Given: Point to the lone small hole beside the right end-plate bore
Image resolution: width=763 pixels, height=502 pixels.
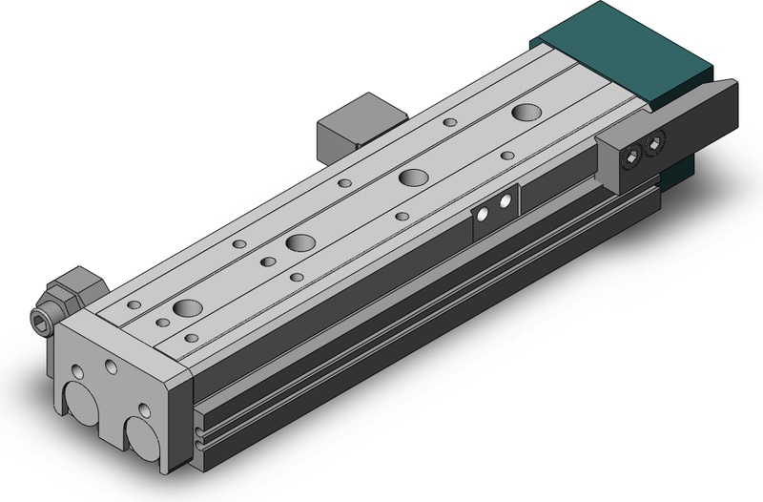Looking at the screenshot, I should (x=144, y=409).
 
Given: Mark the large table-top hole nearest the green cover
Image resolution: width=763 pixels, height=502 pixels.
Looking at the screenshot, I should (x=525, y=113).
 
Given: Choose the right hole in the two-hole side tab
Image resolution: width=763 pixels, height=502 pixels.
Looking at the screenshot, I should (x=505, y=202).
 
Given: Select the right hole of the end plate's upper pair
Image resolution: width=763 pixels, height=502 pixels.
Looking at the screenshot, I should (x=112, y=366).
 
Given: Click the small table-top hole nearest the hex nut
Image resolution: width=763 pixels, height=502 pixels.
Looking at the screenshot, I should (x=134, y=304).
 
